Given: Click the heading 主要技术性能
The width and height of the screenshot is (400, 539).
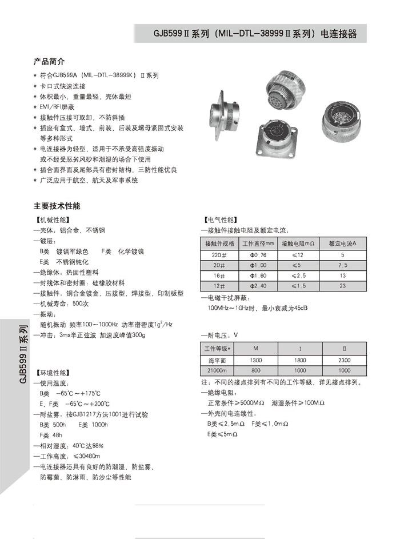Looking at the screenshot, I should (x=57, y=205).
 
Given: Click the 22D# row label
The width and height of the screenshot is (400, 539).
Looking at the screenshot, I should (x=219, y=254).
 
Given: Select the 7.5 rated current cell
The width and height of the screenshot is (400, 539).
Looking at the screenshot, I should (x=342, y=265).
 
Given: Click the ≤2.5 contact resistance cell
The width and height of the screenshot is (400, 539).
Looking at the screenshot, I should (x=300, y=275).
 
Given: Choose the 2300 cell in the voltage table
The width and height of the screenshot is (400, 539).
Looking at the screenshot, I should (x=344, y=360).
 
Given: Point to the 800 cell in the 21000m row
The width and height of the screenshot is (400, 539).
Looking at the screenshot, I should (x=257, y=370).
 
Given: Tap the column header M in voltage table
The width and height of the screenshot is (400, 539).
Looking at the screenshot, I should (x=257, y=348).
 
